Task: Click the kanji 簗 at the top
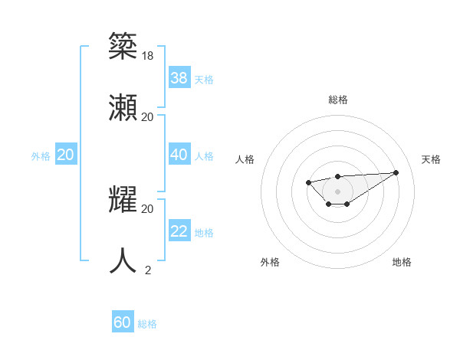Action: [x=123, y=46]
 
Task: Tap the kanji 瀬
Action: [x=123, y=106]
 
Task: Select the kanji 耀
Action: [x=123, y=198]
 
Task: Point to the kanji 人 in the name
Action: [x=123, y=260]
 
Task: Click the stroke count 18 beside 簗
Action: [x=148, y=55]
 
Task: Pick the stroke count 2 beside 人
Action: [x=148, y=270]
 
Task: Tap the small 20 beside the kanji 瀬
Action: [x=148, y=116]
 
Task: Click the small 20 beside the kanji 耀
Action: [x=148, y=208]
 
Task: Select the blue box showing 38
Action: [x=179, y=77]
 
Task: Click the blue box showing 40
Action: [x=179, y=154]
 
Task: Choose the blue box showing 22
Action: [x=179, y=231]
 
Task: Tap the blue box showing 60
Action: [x=123, y=322]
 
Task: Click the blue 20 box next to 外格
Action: [x=66, y=154]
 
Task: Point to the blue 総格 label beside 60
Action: [x=147, y=324]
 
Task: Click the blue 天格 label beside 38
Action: [x=203, y=79]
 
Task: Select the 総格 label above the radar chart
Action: [x=337, y=100]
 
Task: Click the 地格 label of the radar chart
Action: [x=402, y=262]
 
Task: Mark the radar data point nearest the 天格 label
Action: [x=396, y=172]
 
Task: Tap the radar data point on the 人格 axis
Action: [x=308, y=182]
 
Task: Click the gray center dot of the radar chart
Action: [x=337, y=191]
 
